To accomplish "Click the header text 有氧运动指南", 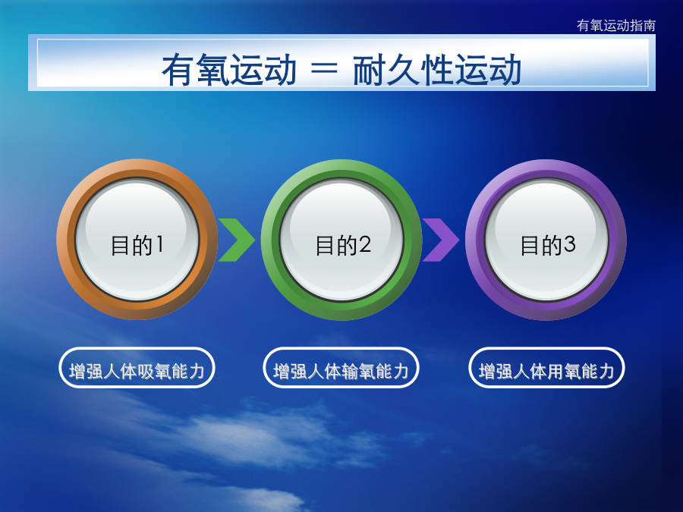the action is tap(616, 26).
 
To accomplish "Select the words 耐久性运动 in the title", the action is tap(437, 69).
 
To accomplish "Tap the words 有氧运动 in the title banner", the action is tap(229, 69).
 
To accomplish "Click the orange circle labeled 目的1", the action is tap(137, 240).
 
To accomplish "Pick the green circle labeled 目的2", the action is tap(341, 240).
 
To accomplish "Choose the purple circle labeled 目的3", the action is tap(546, 240).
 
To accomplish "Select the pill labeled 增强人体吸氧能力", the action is tap(137, 367).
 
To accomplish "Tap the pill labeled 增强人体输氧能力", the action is tap(341, 367).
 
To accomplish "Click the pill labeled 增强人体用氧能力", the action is tap(546, 367).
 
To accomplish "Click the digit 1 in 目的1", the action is tap(160, 244).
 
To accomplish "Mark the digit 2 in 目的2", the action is tap(365, 244).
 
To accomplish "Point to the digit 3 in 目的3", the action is tap(569, 244).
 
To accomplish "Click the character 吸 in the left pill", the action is tap(146, 372).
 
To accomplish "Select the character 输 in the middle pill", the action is tap(350, 372).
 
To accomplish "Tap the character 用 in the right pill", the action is tap(555, 372).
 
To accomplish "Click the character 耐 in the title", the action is tap(370, 69).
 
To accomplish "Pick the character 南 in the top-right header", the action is tap(649, 26).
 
